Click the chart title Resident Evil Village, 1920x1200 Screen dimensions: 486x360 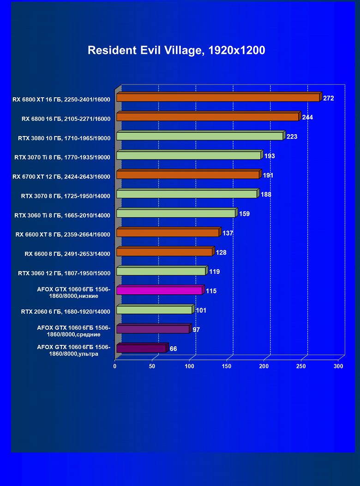[176, 50]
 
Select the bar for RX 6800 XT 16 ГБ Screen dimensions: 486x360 [218, 98]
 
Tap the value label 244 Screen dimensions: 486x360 [307, 118]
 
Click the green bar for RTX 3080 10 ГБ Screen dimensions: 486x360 [199, 136]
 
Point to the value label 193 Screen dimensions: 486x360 [270, 156]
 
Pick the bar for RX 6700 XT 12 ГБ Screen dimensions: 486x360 [188, 175]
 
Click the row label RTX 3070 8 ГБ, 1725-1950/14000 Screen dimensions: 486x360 [66, 196]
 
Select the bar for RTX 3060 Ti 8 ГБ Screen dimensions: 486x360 [176, 213]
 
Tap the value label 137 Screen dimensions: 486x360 [228, 233]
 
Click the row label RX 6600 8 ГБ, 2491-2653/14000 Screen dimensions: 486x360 [67, 254]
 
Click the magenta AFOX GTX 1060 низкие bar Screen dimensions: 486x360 [159, 290]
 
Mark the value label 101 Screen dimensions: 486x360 [201, 310]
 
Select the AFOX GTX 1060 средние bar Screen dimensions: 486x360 [153, 329]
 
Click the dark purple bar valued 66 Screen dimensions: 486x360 [141, 349]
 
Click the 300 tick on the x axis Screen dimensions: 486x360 [338, 366]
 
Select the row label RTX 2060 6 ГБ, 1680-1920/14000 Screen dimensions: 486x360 [66, 312]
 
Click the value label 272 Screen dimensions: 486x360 [329, 98]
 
